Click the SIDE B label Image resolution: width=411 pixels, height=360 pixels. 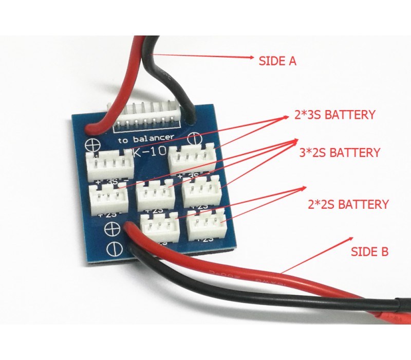tap(369, 252)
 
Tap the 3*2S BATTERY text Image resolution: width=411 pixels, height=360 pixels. tap(340, 153)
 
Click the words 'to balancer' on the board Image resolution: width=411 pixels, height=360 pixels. tap(145, 139)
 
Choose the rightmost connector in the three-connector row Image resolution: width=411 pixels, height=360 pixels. tap(201, 191)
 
